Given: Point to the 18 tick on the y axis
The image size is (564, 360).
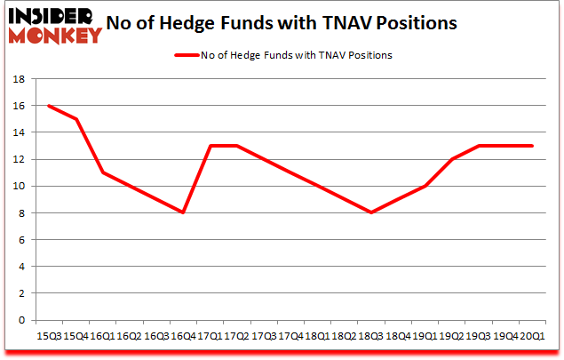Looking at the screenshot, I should (17, 79).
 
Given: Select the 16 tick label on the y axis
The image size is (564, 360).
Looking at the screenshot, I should (17, 106).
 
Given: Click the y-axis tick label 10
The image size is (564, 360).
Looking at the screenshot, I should (17, 187).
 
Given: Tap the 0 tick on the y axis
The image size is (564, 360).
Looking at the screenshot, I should (20, 320).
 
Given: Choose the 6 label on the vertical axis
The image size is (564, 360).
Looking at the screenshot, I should (20, 240).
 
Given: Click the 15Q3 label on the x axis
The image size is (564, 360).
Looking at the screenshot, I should (48, 336).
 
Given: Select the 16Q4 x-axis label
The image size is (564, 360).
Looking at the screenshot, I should (182, 336).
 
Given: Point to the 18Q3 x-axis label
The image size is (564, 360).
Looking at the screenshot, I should (370, 336).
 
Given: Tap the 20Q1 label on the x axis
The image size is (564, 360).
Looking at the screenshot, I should (532, 336).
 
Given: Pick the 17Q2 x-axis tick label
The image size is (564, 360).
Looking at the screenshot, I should (236, 336).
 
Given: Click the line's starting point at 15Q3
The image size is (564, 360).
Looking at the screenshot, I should (48, 106).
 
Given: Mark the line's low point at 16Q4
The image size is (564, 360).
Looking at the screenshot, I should (183, 212).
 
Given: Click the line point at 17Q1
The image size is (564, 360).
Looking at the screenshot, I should (210, 146).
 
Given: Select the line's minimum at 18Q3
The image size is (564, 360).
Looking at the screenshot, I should (371, 212).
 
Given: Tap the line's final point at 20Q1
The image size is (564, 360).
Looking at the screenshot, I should (532, 146).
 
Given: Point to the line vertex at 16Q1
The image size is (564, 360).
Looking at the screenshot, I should (102, 172).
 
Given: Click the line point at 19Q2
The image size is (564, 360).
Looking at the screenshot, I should (452, 159).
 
